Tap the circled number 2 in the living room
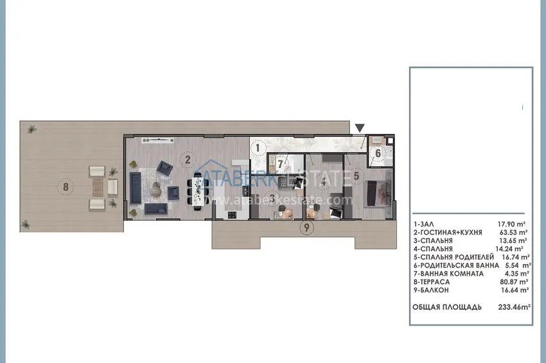point(187,160)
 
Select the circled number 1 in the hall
point(257,148)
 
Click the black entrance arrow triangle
point(360,128)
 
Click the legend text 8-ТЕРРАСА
point(433,281)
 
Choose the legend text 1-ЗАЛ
point(424,224)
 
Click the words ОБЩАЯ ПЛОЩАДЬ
point(447,307)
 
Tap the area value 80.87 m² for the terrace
point(513,281)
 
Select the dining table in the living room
point(198,190)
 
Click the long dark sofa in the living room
point(136,186)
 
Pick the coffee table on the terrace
point(96,187)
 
